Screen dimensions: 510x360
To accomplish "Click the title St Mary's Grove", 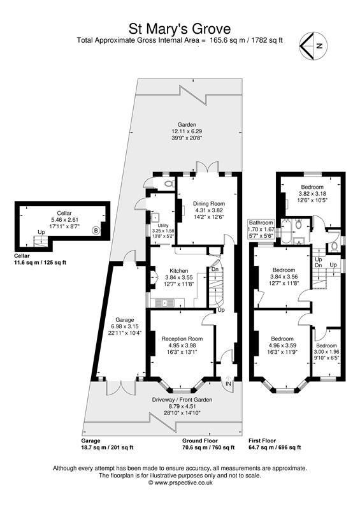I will (180, 28).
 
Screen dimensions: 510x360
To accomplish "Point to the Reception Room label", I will (182, 339).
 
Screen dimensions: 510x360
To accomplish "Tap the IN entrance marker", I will (227, 384).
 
